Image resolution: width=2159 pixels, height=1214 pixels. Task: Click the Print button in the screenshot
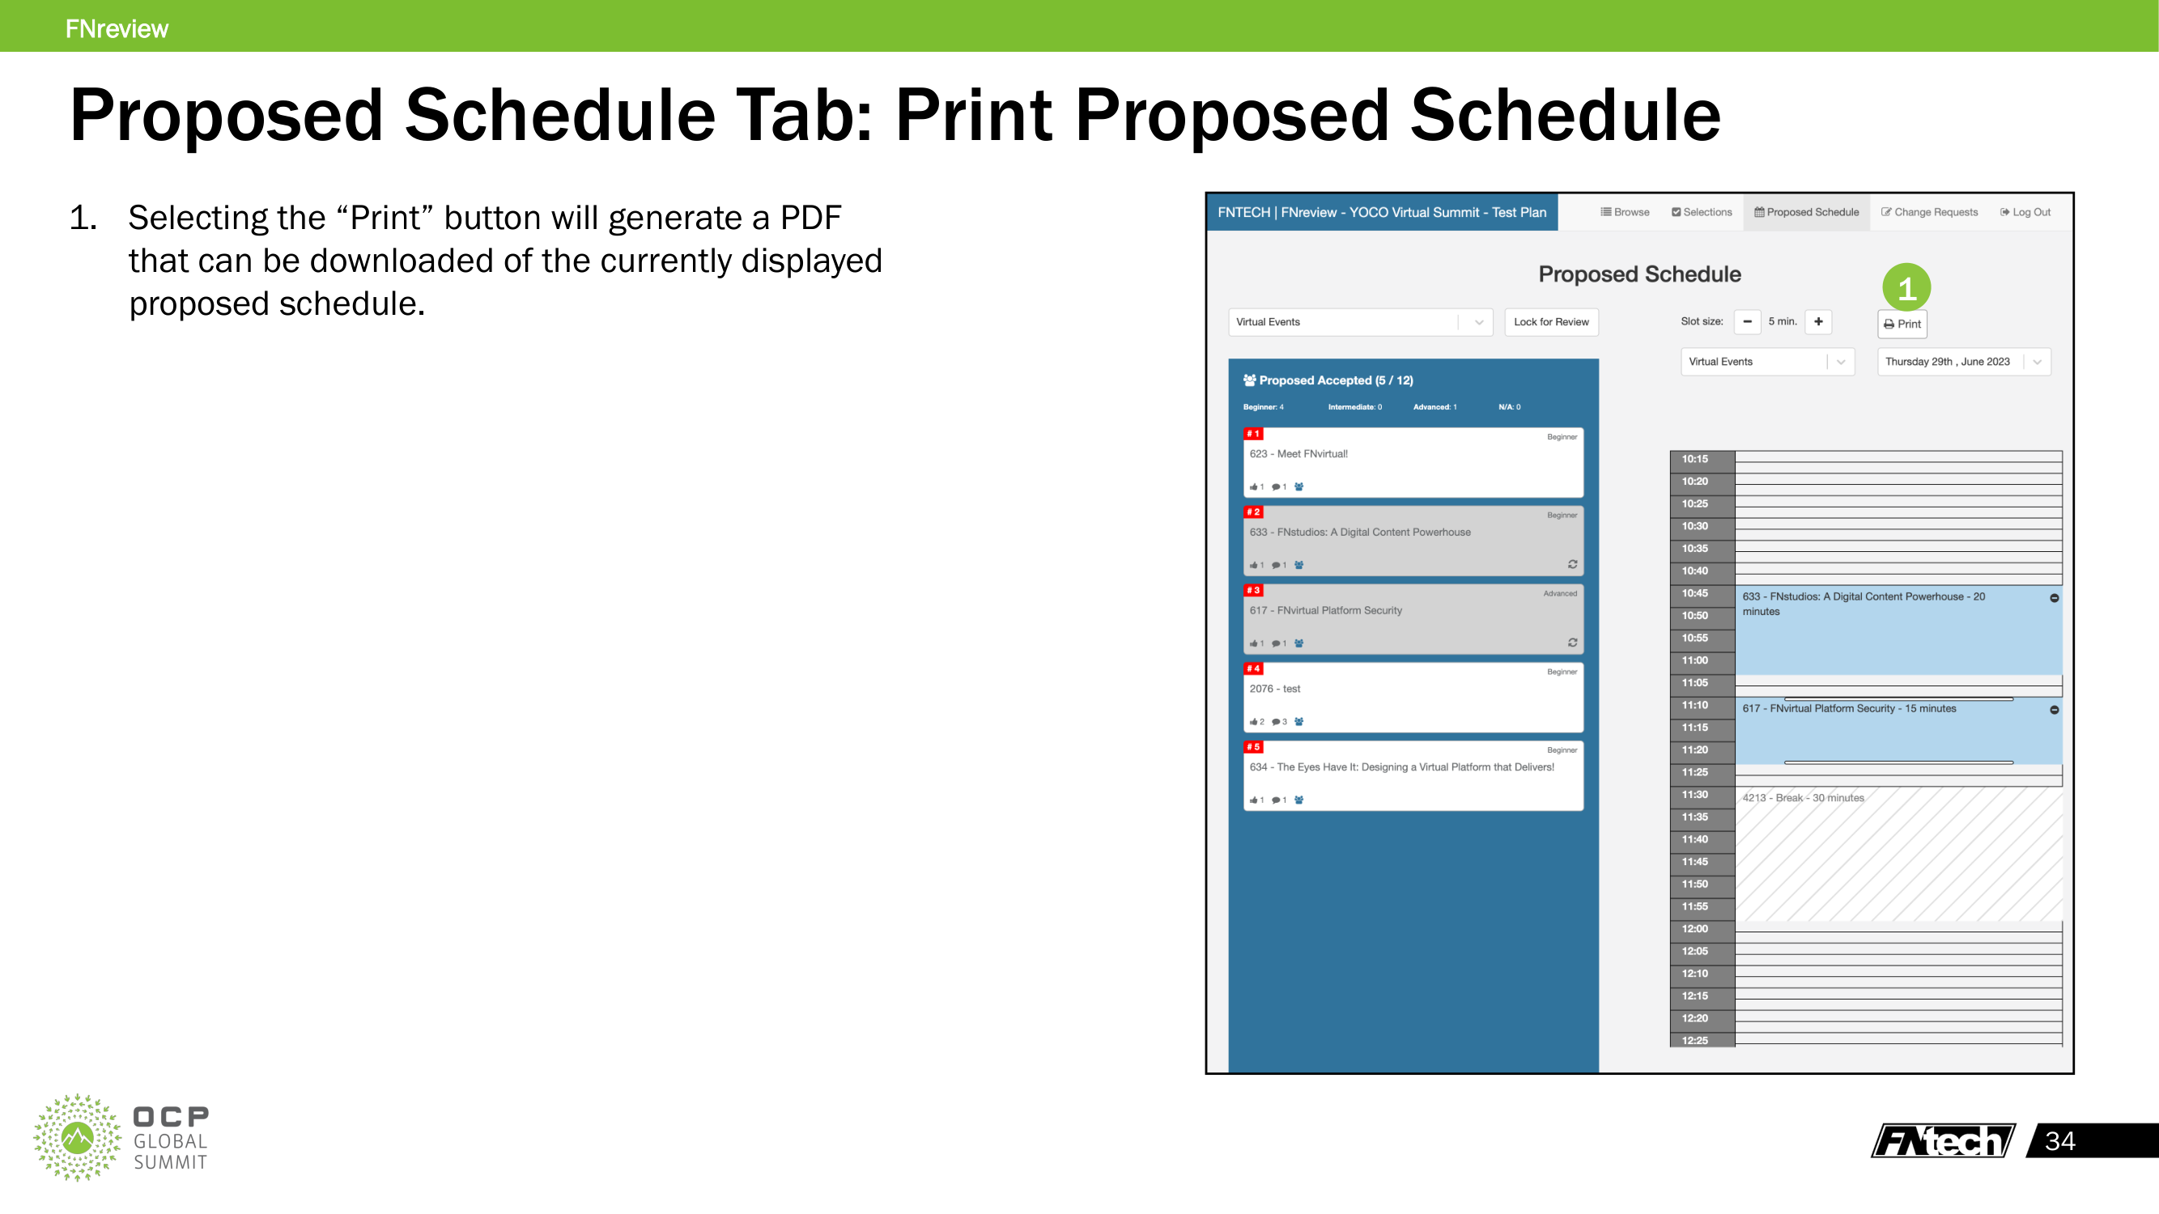1902,325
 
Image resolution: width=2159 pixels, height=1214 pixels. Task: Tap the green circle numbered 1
1906,288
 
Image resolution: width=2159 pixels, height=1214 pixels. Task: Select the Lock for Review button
1550,322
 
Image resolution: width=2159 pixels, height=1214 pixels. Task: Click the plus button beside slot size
1818,322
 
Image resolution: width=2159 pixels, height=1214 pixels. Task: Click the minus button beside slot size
1747,322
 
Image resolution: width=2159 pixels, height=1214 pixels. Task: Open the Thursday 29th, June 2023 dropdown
1963,362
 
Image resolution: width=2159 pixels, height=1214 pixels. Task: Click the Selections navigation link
1702,212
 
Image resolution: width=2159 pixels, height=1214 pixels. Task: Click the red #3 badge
1253,591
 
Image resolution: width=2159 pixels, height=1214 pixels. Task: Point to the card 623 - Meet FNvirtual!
1413,462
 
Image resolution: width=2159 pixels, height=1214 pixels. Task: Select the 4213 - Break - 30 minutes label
1803,798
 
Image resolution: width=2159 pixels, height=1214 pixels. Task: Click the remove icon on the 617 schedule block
2055,710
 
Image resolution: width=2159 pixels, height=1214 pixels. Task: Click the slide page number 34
2059,1141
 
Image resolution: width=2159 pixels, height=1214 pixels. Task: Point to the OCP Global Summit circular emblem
77,1137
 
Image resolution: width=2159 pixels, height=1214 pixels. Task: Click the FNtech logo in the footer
1942,1141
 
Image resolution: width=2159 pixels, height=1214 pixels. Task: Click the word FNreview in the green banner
117,28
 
